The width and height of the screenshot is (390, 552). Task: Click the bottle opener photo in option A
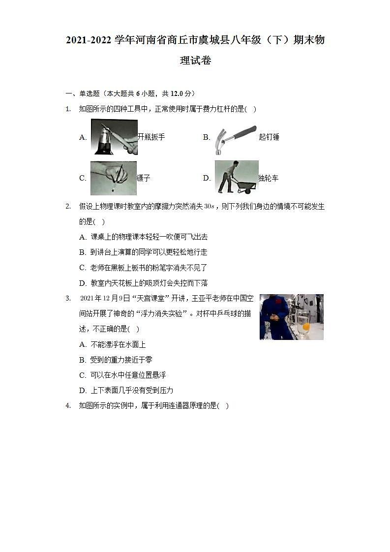(114, 137)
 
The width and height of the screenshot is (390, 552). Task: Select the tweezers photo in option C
(113, 178)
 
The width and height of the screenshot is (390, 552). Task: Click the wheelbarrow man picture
(237, 177)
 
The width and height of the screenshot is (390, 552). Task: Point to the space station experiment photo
(291, 317)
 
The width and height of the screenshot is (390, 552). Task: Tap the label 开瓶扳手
(151, 137)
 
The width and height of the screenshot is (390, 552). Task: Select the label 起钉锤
(269, 137)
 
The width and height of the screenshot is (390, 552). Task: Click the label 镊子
(144, 178)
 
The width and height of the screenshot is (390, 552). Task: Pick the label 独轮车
(269, 178)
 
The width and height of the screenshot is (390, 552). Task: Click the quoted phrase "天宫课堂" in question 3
(144, 299)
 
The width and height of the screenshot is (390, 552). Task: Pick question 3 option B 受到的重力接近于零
(121, 360)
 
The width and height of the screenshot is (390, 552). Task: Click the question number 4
(68, 406)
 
